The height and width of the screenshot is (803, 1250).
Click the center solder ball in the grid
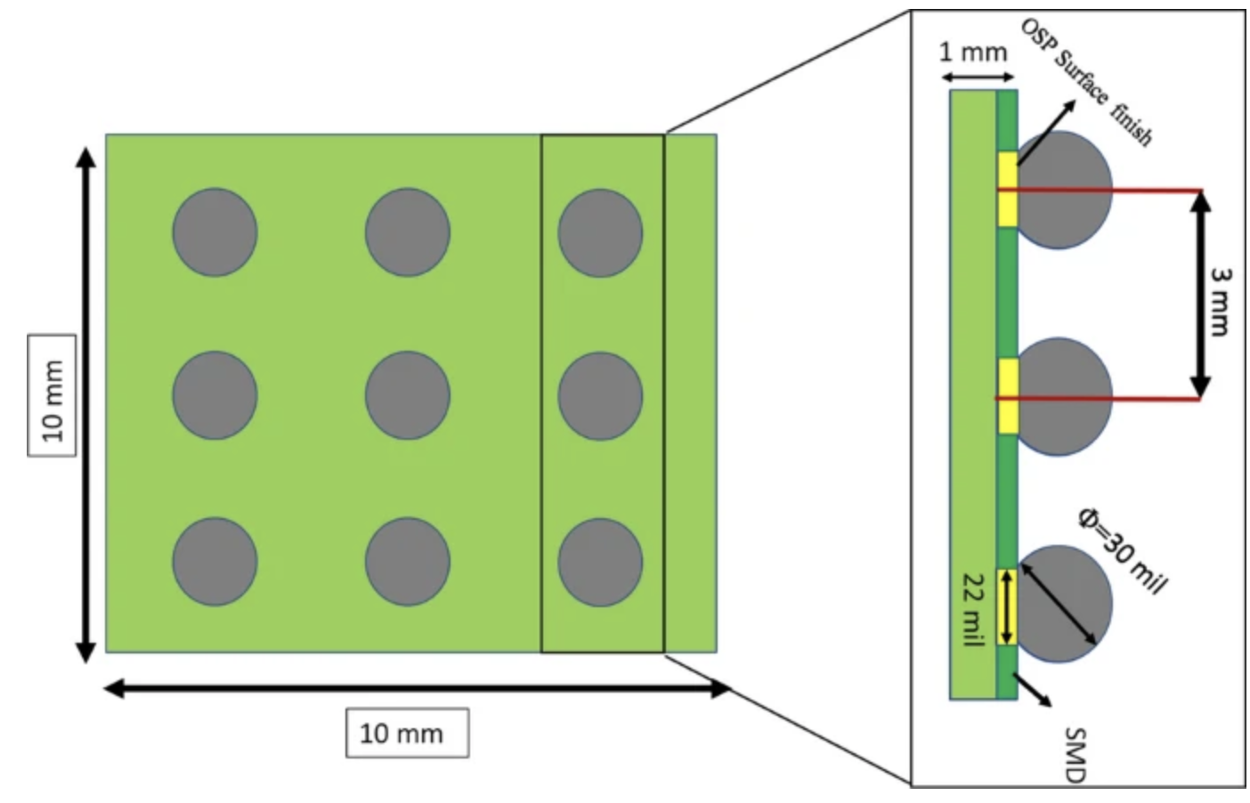coord(407,395)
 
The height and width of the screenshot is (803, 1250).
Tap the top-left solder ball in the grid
coord(215,231)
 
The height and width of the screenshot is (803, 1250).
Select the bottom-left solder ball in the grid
coord(215,562)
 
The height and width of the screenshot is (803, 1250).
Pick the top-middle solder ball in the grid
coord(407,231)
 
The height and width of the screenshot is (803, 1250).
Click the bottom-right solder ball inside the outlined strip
coord(600,562)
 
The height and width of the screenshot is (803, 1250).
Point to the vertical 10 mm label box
coord(53,395)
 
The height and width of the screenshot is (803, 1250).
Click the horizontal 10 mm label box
coord(407,733)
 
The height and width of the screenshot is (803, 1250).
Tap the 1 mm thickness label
coord(973,52)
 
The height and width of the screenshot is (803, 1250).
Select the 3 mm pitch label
coord(1220,303)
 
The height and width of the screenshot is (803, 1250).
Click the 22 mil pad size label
coord(973,609)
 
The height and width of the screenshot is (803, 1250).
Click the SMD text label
coord(1075,755)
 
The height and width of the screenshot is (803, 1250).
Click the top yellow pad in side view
coord(1007,189)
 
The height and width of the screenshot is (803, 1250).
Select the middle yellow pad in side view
coord(1007,396)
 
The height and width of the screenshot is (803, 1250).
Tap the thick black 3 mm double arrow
coord(1200,294)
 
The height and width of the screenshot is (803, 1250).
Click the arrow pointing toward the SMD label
coord(1035,690)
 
